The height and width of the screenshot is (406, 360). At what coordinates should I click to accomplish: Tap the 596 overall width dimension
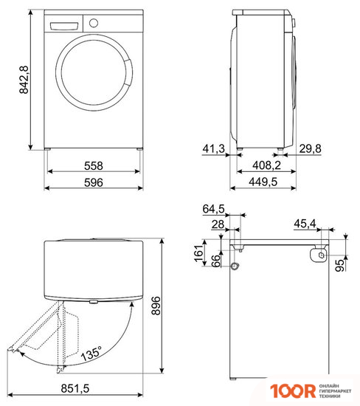coord(92,183)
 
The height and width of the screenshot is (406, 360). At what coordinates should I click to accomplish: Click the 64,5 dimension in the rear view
coord(213,210)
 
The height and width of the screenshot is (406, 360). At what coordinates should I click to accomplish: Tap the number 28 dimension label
coord(218,224)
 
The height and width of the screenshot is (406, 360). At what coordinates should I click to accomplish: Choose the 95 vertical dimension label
coord(339,264)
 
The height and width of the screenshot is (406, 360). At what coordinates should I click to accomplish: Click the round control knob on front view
coord(93,22)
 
